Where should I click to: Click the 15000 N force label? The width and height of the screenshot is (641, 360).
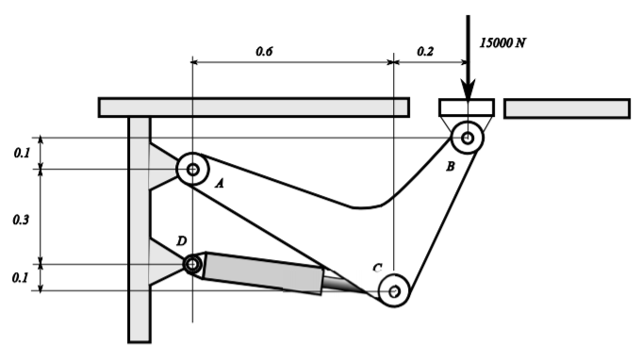tap(503, 43)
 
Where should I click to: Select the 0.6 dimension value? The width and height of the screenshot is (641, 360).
tap(264, 52)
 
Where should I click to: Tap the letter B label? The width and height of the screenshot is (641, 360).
tap(450, 166)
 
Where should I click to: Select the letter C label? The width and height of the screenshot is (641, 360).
tap(376, 269)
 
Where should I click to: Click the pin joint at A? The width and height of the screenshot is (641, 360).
tap(192, 171)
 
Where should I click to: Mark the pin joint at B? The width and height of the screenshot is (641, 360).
tap(467, 138)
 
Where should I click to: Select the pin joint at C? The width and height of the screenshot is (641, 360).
tap(394, 291)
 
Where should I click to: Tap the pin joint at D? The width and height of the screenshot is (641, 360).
tap(192, 265)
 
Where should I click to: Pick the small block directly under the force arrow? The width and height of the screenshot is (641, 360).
tap(467, 107)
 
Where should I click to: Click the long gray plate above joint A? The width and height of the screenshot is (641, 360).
tap(254, 107)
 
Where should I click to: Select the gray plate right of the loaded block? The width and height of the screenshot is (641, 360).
tap(567, 108)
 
